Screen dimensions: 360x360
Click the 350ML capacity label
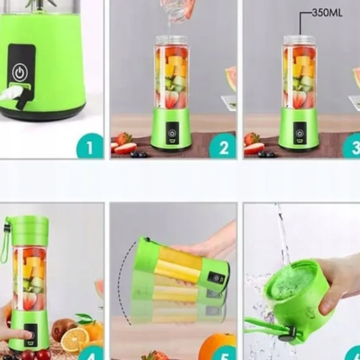327,13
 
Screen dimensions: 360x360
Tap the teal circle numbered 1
90,146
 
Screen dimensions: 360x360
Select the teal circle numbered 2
223,146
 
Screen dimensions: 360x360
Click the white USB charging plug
11,93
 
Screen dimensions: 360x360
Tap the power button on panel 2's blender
172,133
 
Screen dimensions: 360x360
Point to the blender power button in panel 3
299,133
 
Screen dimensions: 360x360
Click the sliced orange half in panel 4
75,340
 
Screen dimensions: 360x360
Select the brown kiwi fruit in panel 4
61,329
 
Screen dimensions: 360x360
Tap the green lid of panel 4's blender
29,231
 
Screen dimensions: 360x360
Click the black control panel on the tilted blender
216,278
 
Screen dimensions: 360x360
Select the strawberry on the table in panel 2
124,138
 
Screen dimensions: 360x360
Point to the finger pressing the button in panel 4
17,336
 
